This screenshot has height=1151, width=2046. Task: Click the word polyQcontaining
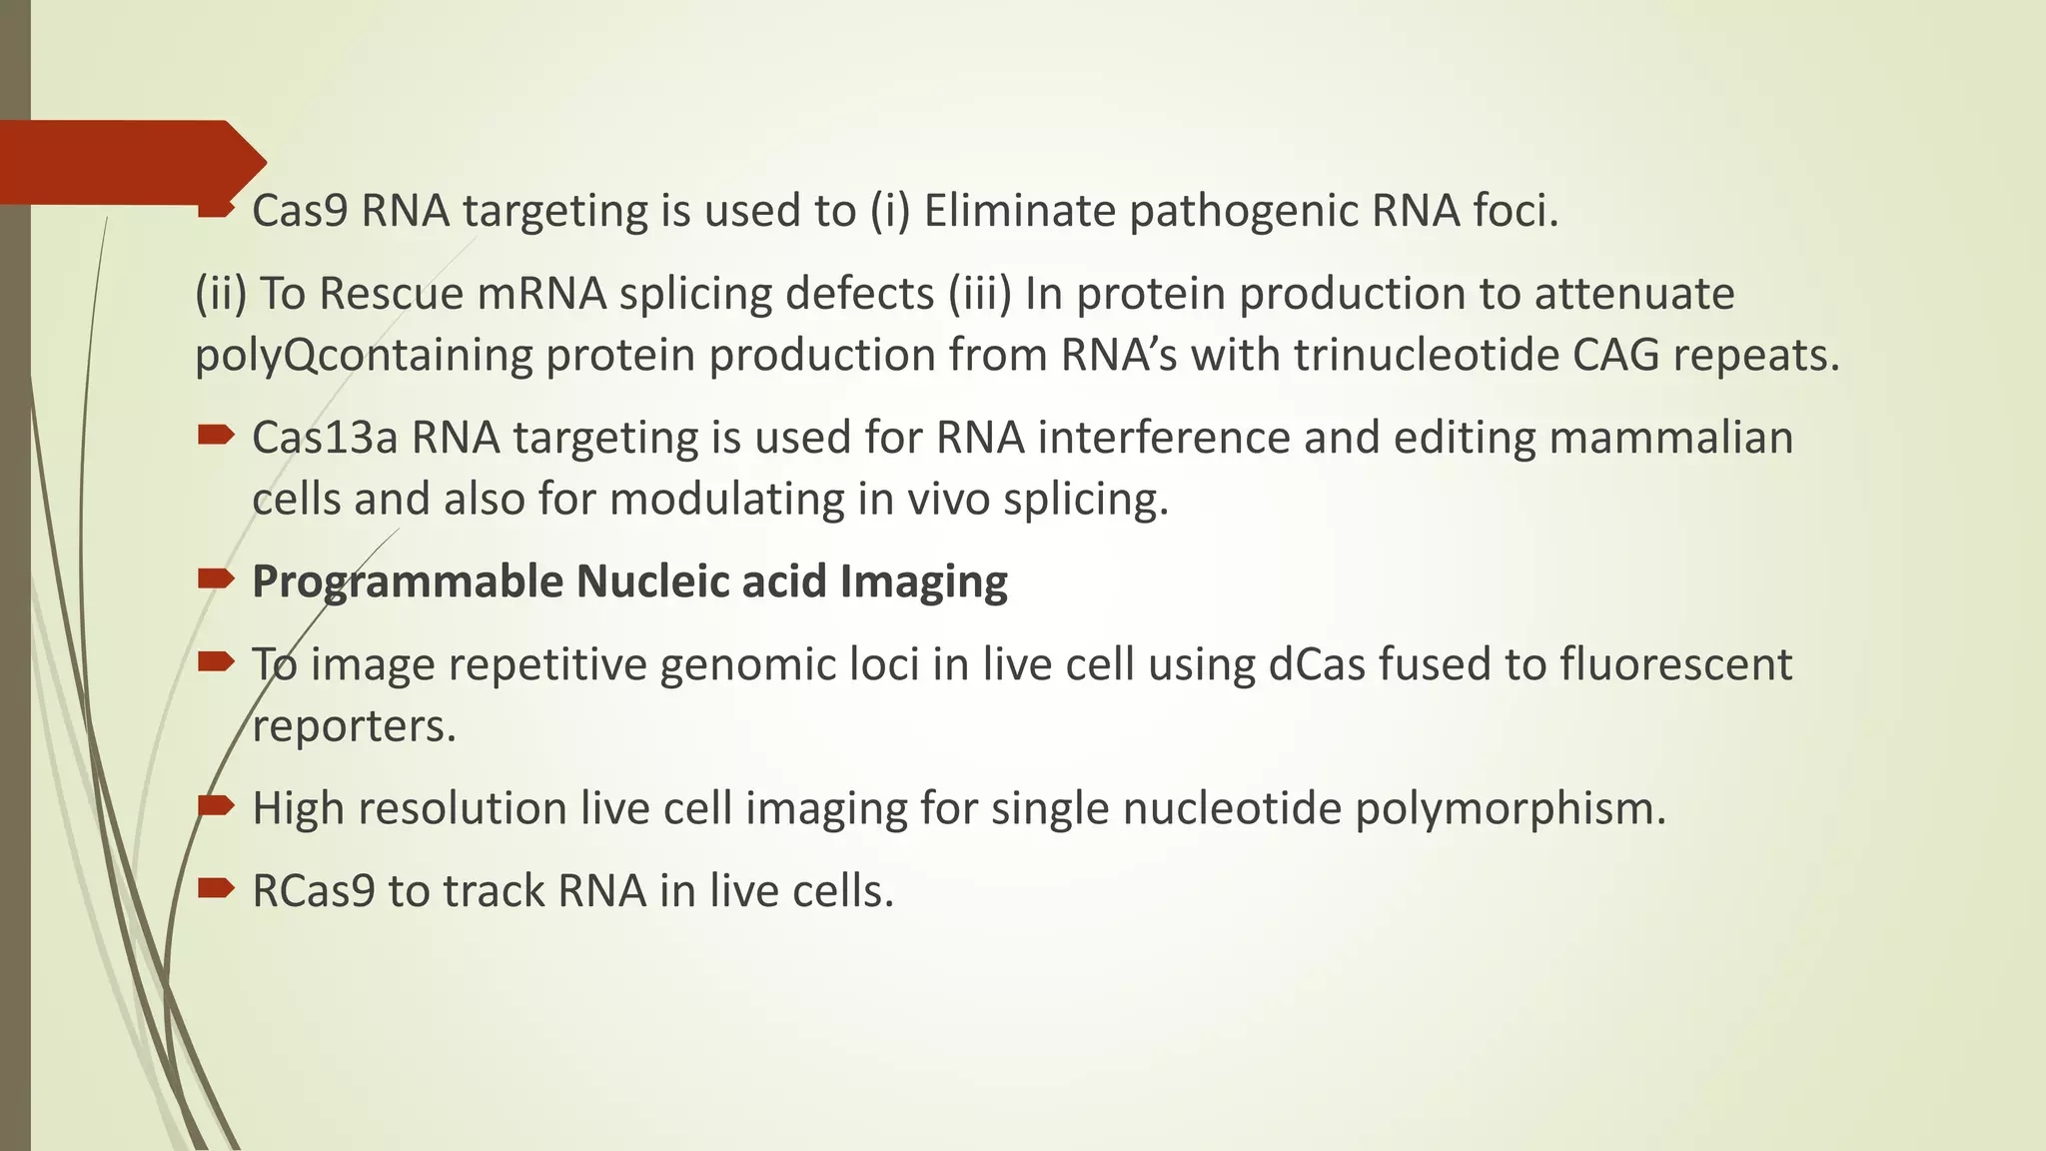[x=364, y=357]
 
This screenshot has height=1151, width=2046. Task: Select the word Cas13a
[x=325, y=438]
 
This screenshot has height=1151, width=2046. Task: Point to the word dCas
[x=1317, y=664]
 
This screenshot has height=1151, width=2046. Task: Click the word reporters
[x=354, y=726]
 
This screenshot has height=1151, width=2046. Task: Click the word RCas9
[x=314, y=891]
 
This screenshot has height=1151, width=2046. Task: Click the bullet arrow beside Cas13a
[x=216, y=435]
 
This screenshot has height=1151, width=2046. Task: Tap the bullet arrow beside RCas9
[x=216, y=887]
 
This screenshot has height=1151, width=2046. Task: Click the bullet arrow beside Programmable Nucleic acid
[x=216, y=578]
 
